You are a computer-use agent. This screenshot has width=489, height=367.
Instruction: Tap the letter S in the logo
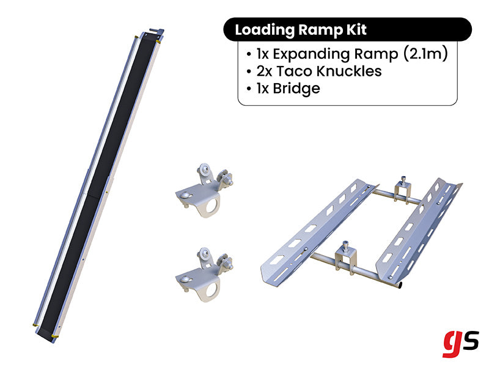pyautogui.click(x=470, y=339)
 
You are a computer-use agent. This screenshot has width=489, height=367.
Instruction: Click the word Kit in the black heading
pyautogui.click(x=355, y=29)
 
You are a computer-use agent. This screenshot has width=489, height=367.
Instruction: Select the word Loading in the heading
pyautogui.click(x=262, y=29)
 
